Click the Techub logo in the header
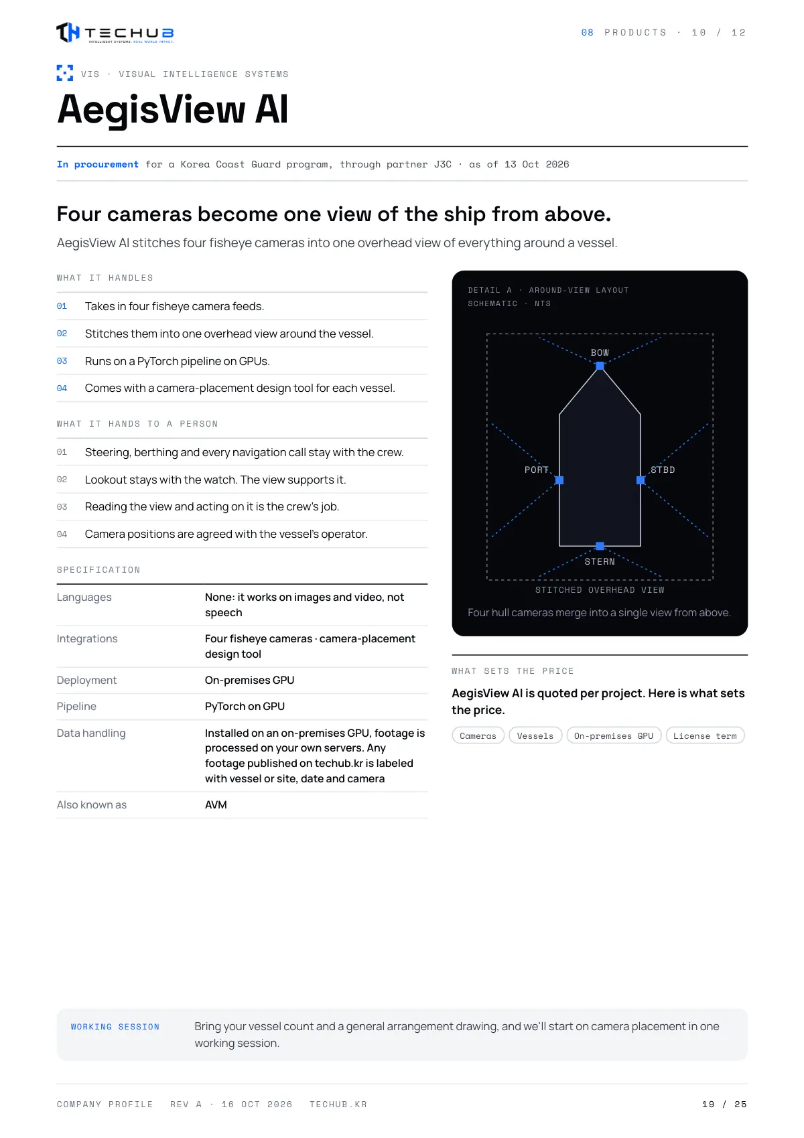(115, 33)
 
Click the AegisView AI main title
(172, 109)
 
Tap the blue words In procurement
(98, 164)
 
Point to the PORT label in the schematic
(536, 470)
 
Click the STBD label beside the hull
(663, 470)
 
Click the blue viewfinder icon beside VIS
(64, 73)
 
